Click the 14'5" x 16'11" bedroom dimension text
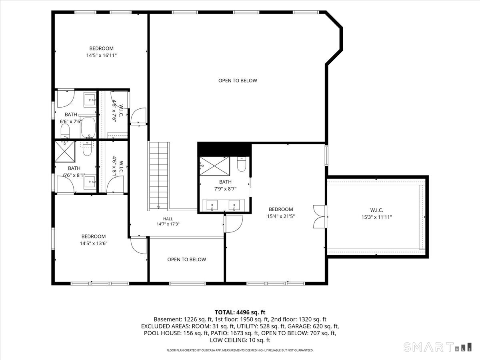(x=102, y=55)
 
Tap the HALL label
(x=168, y=219)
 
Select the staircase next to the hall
(x=158, y=176)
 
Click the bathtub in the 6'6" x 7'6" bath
(x=88, y=128)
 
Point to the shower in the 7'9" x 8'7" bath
(x=214, y=166)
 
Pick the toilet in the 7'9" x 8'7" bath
(x=242, y=164)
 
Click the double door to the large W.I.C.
(x=320, y=217)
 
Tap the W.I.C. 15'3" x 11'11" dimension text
(x=376, y=217)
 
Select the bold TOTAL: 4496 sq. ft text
(x=240, y=312)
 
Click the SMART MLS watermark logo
(x=437, y=347)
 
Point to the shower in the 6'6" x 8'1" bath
(x=65, y=152)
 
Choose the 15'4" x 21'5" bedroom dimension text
(x=281, y=216)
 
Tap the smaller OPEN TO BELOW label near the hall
(x=186, y=260)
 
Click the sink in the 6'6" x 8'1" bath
(x=90, y=182)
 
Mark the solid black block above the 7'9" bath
(x=224, y=149)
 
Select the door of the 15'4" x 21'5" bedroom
(x=234, y=224)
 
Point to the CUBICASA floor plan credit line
(x=240, y=350)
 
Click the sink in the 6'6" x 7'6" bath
(x=90, y=100)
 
